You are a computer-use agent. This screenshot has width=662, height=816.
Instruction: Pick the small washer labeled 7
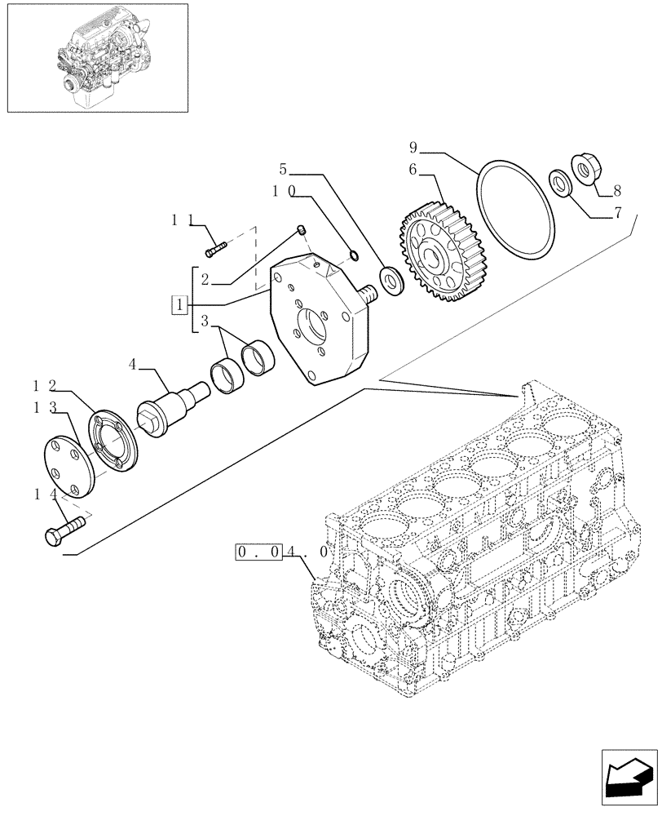pos(560,180)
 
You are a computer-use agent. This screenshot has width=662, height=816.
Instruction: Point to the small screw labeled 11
pos(216,242)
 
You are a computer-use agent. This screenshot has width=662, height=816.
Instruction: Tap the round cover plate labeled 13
pos(70,466)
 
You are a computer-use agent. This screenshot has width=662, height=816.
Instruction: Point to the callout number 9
pos(413,148)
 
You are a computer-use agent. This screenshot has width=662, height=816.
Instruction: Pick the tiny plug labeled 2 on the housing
pos(300,231)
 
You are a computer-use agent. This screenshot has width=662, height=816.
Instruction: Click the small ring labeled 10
pos(355,256)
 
